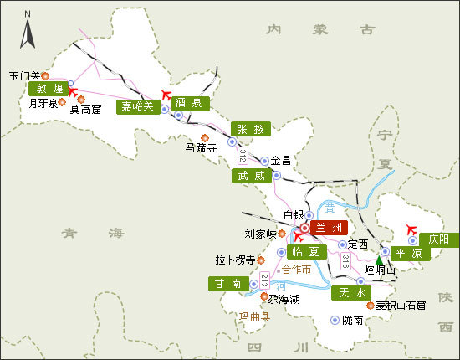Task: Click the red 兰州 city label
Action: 326,227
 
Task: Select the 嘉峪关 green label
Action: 137,106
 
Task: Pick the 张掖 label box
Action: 250,129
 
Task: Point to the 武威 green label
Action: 250,176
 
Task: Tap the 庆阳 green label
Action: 438,239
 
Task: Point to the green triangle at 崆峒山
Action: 379,260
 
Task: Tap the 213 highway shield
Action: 265,280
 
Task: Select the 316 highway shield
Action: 345,262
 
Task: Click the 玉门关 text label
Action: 24,75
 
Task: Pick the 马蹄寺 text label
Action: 201,147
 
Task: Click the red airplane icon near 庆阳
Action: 409,229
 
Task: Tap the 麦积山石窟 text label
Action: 401,305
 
